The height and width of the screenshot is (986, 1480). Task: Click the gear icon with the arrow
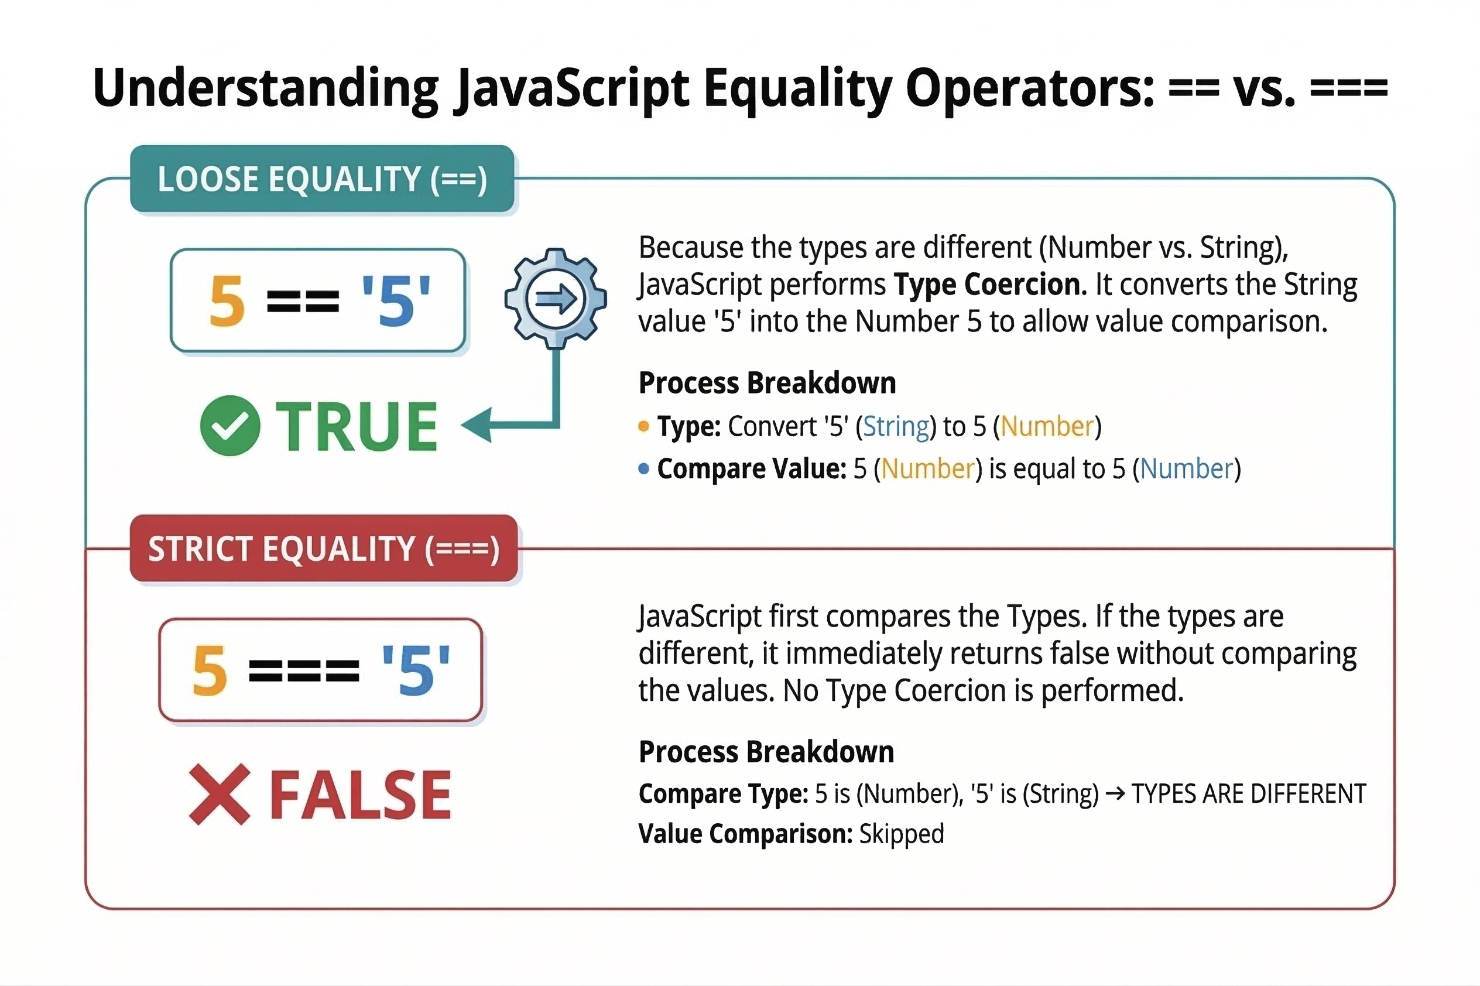point(555,298)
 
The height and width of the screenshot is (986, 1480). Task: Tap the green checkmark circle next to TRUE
point(230,425)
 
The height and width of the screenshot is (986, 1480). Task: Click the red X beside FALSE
point(220,794)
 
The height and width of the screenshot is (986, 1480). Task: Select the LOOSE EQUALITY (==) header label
point(322,179)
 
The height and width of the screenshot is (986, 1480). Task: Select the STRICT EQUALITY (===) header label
point(324,549)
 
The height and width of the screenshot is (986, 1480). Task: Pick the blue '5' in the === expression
point(416,670)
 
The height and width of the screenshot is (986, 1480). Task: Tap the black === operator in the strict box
point(304,670)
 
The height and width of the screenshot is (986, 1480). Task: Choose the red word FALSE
point(361,795)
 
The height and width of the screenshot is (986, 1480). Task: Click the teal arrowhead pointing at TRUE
point(476,425)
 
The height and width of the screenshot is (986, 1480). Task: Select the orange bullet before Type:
point(643,426)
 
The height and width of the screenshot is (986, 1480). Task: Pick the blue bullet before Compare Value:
point(643,468)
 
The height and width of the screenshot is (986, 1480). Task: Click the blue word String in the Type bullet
point(896,427)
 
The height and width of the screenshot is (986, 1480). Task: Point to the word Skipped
point(902,834)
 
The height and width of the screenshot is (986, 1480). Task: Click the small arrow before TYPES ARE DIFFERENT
point(1115,793)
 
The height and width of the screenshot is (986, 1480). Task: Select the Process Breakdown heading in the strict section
point(766,751)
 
